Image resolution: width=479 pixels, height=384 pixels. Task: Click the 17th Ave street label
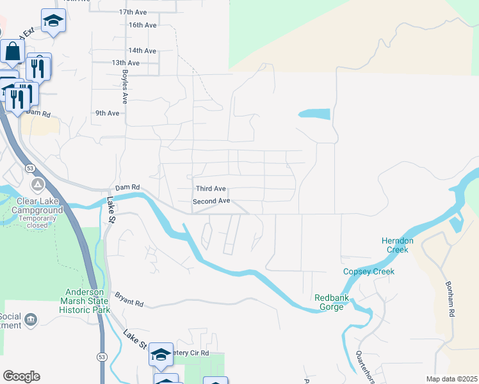tap(133, 12)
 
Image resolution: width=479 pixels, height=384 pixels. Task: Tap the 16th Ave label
tap(142, 25)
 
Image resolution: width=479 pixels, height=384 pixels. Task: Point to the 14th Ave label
tap(142, 51)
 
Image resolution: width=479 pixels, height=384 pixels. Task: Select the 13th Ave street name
tap(126, 63)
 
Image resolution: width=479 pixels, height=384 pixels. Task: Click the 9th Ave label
tap(108, 113)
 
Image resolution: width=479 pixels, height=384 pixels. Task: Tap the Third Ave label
tap(211, 189)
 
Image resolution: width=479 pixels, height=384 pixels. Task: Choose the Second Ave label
tap(211, 201)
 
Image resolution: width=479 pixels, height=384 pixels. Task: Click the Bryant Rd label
tap(129, 299)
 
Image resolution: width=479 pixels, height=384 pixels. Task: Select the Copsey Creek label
tap(369, 271)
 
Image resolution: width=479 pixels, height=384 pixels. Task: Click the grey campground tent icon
tap(38, 185)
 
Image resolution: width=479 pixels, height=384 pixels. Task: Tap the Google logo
tap(21, 376)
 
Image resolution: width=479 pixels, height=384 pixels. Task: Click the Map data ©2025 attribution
tap(451, 379)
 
